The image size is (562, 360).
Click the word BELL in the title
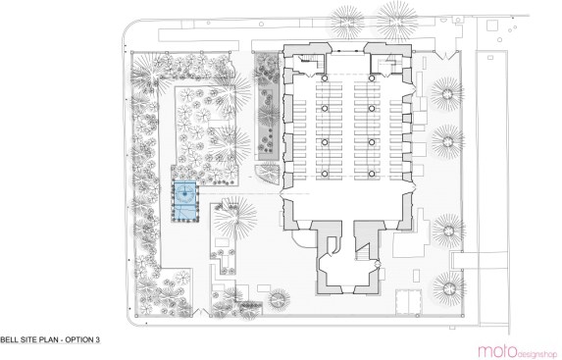point(8,339)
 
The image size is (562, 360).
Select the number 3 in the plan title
point(97,339)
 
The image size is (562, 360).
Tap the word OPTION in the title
point(78,339)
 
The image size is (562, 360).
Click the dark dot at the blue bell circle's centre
point(185,193)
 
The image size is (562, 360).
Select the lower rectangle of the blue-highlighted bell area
point(185,213)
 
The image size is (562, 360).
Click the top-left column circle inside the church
point(325,78)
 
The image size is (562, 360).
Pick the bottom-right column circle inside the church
point(372,174)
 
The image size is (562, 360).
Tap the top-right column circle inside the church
point(372,78)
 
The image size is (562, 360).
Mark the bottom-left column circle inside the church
point(325,174)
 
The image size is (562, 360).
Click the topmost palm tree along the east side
point(447,94)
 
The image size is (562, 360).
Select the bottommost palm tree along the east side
point(449,288)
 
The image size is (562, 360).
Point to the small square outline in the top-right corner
point(492,26)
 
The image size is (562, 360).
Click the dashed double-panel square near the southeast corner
point(408,301)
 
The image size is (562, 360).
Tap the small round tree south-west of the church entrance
point(280,299)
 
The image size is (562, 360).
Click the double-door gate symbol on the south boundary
point(200,312)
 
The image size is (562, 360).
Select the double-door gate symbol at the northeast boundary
point(445,55)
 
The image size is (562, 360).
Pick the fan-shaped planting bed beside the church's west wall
point(268,174)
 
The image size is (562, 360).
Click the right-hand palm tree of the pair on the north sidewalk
point(397,23)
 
